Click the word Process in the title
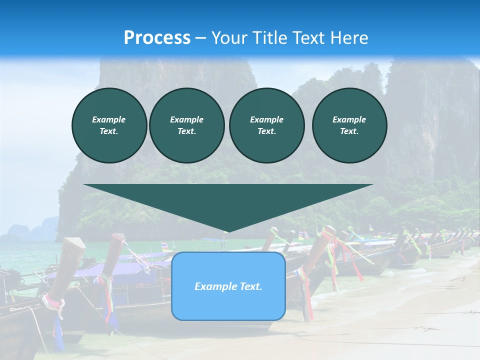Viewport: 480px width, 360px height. (x=157, y=38)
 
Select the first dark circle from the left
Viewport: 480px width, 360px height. (x=109, y=125)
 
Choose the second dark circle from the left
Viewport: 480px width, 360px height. (x=186, y=125)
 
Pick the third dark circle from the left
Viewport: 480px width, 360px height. (x=266, y=125)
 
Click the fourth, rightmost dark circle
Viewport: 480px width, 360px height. (x=349, y=125)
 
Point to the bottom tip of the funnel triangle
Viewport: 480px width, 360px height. (x=228, y=231)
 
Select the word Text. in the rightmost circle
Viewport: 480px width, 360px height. (x=349, y=131)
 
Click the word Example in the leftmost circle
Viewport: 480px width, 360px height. (x=109, y=119)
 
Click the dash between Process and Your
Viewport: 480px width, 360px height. (x=200, y=38)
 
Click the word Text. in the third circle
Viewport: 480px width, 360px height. (x=266, y=131)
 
